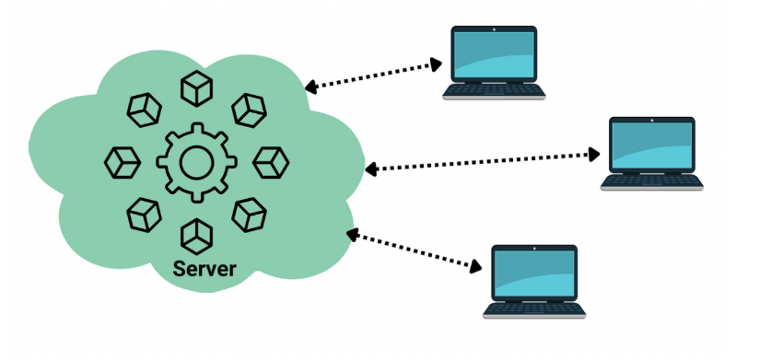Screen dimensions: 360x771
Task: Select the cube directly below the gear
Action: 195,237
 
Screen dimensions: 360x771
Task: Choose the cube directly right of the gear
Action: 271,162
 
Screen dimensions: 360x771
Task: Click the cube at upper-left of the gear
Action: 143,110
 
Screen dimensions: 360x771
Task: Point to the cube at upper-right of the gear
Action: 249,110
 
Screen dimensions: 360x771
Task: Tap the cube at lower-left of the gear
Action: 143,215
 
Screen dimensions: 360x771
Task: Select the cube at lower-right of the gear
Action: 249,215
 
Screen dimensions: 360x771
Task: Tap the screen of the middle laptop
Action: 652,146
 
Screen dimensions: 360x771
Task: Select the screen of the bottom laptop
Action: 535,273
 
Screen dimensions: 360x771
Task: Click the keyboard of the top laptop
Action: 494,91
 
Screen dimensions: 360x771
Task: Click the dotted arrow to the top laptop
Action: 373,75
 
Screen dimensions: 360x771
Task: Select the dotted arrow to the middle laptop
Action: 480,161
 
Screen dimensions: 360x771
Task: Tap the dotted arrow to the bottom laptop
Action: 415,250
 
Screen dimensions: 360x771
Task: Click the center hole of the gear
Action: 196,163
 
